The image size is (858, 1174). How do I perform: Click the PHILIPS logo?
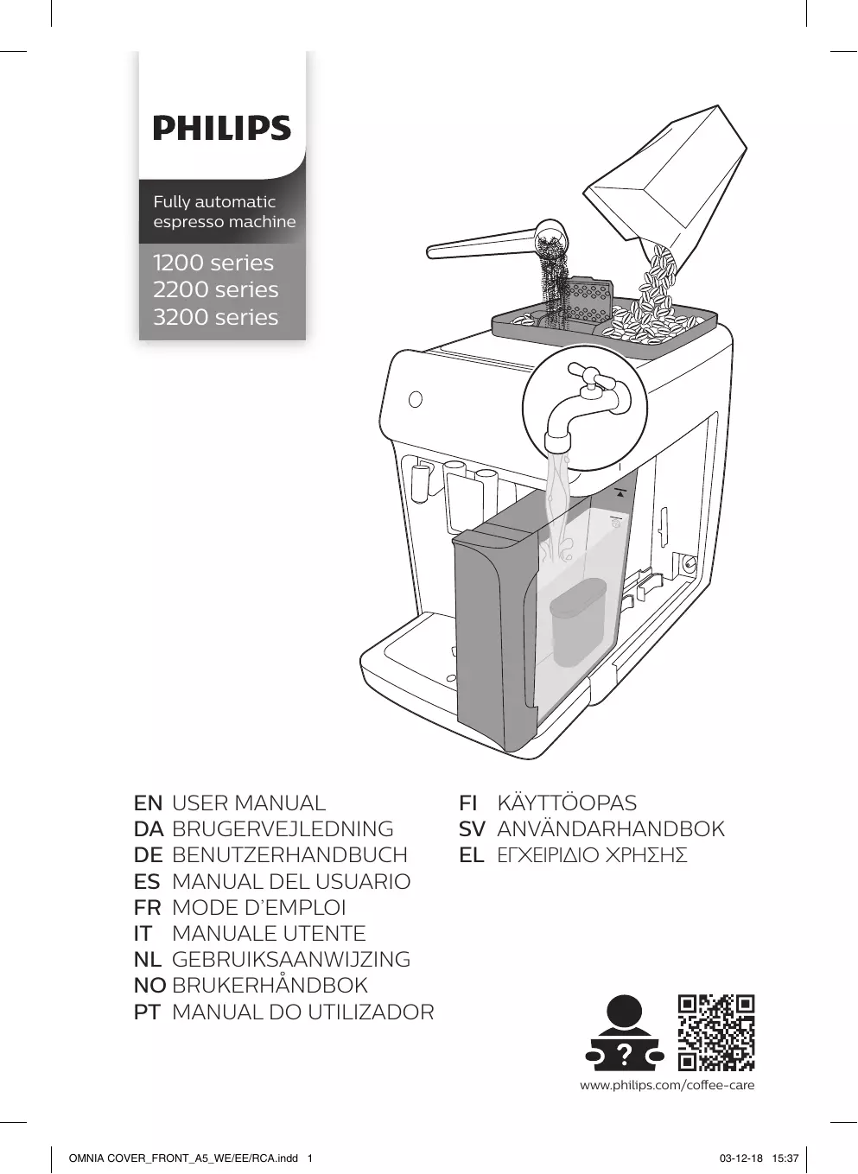coord(222,129)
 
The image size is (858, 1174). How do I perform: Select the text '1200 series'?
coord(213,263)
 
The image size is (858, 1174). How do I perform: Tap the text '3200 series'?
coord(215,317)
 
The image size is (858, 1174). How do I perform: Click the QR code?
coord(716,1032)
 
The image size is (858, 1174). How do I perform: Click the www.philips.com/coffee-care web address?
coord(667,1085)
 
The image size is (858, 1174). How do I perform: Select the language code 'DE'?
coord(149,855)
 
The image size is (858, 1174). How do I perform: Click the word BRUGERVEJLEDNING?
coord(283,829)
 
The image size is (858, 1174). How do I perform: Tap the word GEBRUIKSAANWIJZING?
coord(291,960)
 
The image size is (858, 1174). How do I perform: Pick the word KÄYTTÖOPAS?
coord(567,803)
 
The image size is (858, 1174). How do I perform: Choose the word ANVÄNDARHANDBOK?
coord(611,829)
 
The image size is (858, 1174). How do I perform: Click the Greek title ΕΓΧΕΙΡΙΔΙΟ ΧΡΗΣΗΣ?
coord(592,856)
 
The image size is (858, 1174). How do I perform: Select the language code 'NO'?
coord(149,986)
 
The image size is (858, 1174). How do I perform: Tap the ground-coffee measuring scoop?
coord(497,242)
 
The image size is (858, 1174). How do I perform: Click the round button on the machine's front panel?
coord(416,399)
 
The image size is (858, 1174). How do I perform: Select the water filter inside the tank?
coord(578,622)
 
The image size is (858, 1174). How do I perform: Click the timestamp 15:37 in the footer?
coord(785,1158)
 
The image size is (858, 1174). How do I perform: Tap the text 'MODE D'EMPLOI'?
coord(259,908)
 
